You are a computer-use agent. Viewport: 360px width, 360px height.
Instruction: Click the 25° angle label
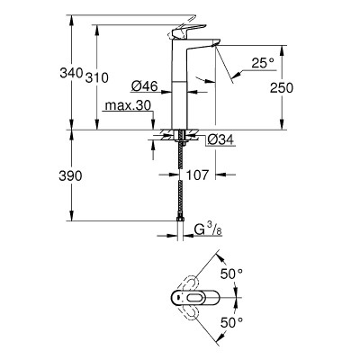tap(261, 63)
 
